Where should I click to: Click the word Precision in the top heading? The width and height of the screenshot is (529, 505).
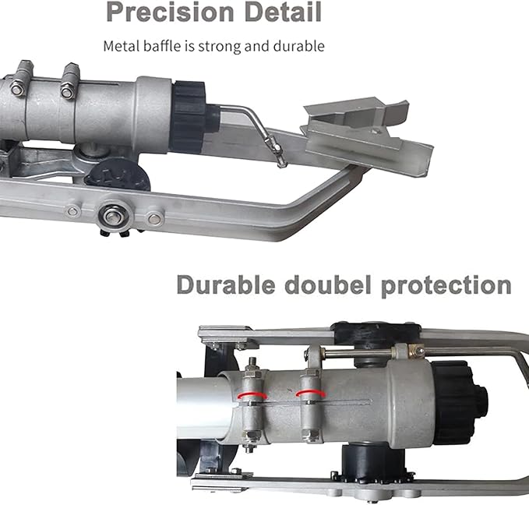[170, 12]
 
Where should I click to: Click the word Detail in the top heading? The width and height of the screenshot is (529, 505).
[283, 12]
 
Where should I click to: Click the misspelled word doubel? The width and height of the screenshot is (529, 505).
[327, 285]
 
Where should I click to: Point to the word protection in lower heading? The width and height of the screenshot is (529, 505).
[446, 286]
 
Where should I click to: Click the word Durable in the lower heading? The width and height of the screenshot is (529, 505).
[226, 285]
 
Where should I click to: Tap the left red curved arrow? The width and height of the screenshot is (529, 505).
[252, 396]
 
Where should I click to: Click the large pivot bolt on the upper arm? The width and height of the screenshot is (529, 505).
[113, 215]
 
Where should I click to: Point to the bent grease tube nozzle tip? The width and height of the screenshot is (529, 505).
[280, 164]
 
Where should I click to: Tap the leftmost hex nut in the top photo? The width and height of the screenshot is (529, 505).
[17, 90]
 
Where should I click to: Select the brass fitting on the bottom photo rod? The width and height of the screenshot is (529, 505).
[416, 351]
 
